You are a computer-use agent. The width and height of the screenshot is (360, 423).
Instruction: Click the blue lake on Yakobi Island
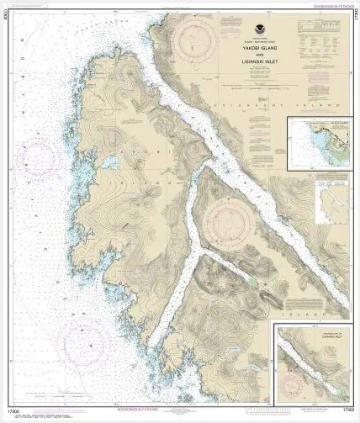click(x=110, y=161)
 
